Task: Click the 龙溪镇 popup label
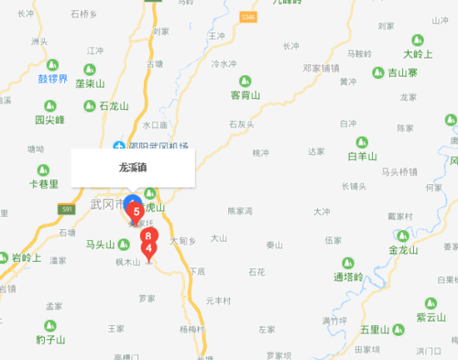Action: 133,168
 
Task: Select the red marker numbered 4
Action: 149,246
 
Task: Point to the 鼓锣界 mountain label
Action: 52,79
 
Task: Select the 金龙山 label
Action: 402,249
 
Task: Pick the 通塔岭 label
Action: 348,277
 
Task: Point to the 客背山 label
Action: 245,94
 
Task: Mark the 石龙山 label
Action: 115,105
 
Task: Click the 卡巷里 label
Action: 43,183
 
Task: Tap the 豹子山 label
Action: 51,339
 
